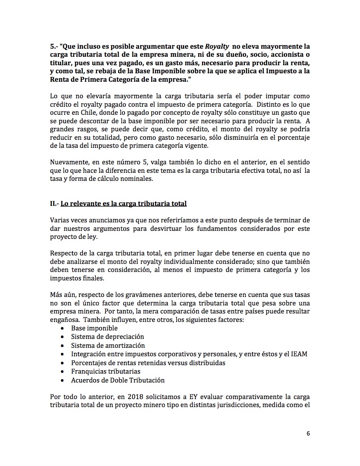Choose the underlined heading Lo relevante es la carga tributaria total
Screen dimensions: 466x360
123,203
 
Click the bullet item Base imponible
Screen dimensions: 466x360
94,328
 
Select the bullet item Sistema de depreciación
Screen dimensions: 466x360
107,336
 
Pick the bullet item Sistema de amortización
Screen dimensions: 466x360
108,345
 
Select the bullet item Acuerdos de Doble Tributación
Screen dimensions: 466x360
118,380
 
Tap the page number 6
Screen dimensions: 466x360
308,433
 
